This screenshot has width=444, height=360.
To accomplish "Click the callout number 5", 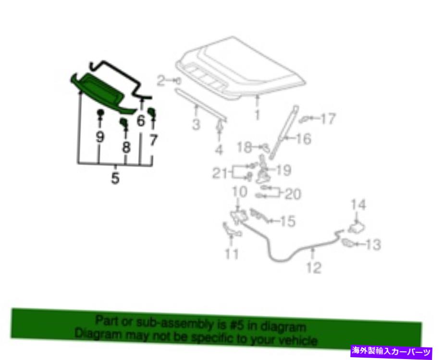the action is point(115,178).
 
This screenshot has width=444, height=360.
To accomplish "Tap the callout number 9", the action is point(99,137).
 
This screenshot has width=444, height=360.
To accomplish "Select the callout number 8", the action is point(126,147).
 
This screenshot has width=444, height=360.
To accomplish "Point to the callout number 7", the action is point(153,140).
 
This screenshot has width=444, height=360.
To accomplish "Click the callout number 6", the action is point(141,121).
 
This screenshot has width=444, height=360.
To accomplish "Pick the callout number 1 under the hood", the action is point(257,115).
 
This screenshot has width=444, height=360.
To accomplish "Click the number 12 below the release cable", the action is point(314,268).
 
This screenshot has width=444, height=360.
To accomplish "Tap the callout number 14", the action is point(358,205).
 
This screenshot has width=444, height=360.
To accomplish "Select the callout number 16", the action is point(304,139).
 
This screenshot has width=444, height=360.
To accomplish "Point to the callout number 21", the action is point(220,173).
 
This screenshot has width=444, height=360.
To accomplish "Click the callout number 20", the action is point(293,194).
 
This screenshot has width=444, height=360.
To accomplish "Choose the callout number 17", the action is point(328,119).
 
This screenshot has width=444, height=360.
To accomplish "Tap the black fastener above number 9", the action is point(100,112).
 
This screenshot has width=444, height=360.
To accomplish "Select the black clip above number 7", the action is point(152,112).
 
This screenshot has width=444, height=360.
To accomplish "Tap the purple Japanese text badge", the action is point(391,352).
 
